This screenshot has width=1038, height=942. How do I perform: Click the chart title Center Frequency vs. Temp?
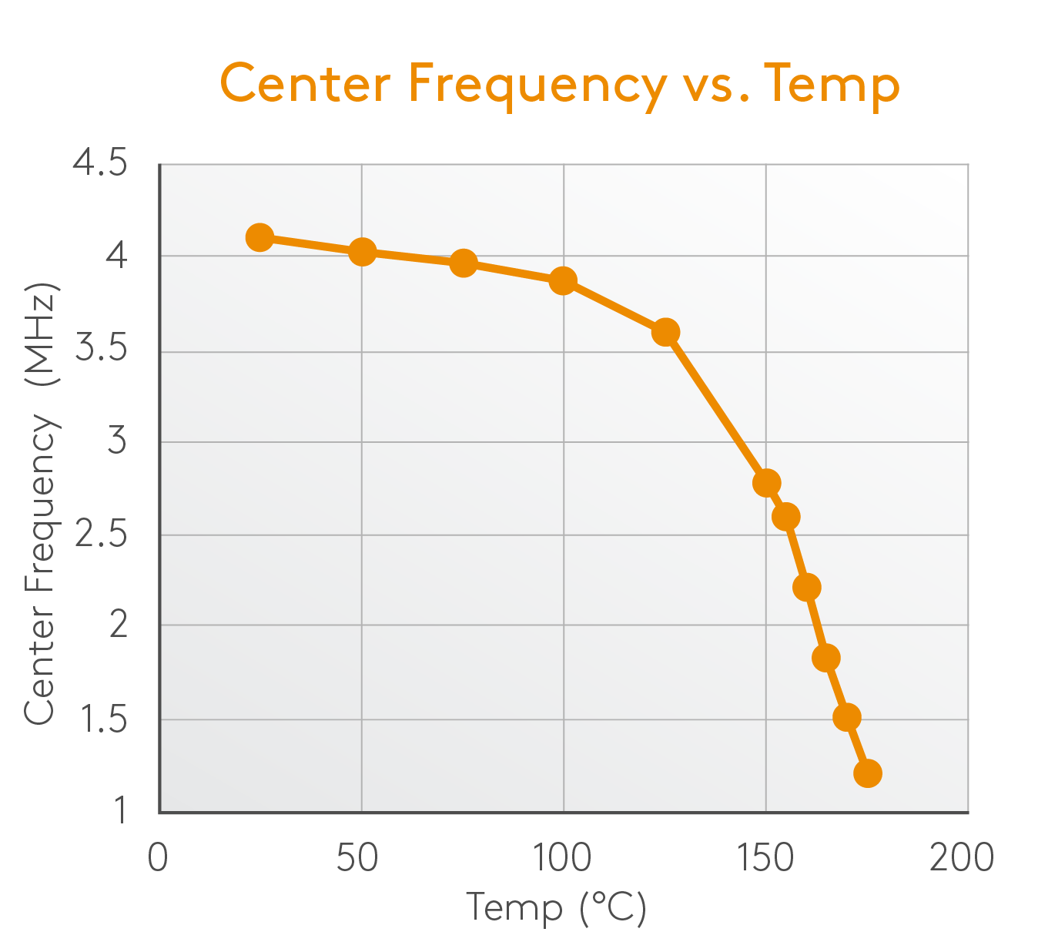pyautogui.click(x=560, y=83)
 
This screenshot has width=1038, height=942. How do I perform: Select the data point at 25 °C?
pyautogui.click(x=259, y=237)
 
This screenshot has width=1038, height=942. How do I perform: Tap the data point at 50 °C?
pyautogui.click(x=362, y=251)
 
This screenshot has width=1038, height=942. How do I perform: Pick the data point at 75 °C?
pyautogui.click(x=463, y=263)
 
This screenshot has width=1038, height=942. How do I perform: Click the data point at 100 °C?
pyautogui.click(x=563, y=280)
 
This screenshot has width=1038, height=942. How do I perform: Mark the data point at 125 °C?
pyautogui.click(x=665, y=332)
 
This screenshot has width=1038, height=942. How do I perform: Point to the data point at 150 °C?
pyautogui.click(x=766, y=483)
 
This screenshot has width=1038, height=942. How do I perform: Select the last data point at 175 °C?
pyautogui.click(x=868, y=773)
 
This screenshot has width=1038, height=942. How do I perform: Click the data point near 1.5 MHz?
pyautogui.click(x=847, y=717)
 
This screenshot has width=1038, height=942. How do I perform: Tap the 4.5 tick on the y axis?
pyautogui.click(x=100, y=163)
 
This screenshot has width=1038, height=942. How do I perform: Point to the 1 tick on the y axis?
pyautogui.click(x=120, y=810)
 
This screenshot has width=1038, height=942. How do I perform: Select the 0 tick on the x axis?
pyautogui.click(x=158, y=857)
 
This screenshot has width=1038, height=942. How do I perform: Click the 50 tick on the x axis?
pyautogui.click(x=357, y=857)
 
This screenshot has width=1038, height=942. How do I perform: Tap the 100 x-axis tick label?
pyautogui.click(x=563, y=857)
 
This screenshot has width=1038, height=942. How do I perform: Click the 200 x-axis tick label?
pyautogui.click(x=962, y=857)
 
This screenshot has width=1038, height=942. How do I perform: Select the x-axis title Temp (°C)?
pyautogui.click(x=556, y=907)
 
